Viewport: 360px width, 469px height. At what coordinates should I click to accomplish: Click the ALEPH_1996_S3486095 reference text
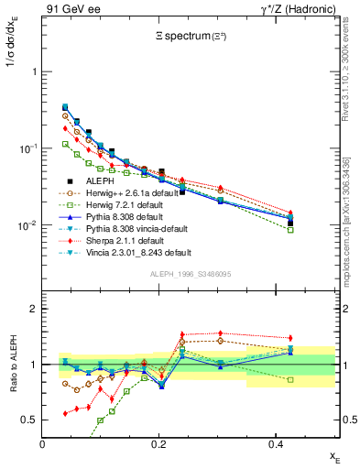coord(189,275)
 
